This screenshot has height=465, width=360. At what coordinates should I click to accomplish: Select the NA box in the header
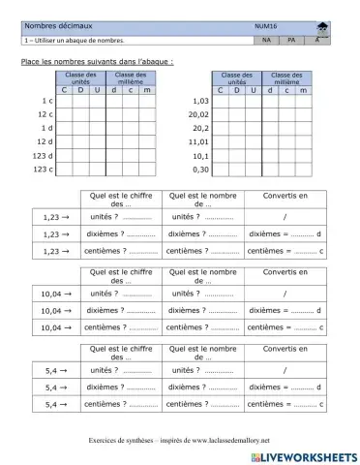(x=266, y=41)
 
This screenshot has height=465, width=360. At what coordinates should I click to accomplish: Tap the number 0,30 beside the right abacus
(x=200, y=169)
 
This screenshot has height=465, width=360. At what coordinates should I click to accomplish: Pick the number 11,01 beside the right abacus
(x=198, y=141)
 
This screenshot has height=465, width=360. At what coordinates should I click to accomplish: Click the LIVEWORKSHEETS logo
(x=304, y=453)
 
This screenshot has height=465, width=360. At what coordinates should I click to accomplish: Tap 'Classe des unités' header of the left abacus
(x=80, y=77)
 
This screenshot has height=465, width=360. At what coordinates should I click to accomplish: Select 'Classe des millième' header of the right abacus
(x=285, y=77)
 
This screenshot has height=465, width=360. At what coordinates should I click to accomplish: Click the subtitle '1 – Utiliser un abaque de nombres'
(x=75, y=41)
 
